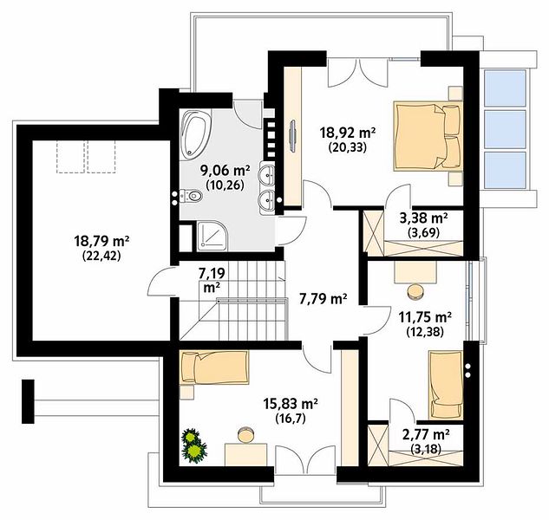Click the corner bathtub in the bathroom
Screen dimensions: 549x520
click(195, 133)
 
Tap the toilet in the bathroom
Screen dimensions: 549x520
click(192, 197)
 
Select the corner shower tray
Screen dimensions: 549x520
click(212, 236)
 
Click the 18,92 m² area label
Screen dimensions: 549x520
click(348, 133)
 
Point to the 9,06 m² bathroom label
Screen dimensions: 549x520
click(225, 171)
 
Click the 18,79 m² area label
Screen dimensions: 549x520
click(101, 241)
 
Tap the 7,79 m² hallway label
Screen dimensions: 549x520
click(324, 298)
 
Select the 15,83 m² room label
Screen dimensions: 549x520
click(291, 404)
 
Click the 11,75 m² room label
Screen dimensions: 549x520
click(425, 317)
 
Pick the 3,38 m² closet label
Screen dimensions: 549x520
click(423, 218)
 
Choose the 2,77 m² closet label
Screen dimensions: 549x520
click(426, 435)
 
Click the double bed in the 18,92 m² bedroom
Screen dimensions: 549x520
click(428, 136)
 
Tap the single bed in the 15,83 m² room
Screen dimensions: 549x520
click(214, 367)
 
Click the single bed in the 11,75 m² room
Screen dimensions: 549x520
click(446, 385)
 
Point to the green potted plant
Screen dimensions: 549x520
click(193, 445)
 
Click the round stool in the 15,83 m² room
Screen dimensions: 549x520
click(246, 434)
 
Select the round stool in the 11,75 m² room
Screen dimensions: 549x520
click(415, 292)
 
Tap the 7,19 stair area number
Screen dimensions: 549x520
click(212, 273)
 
